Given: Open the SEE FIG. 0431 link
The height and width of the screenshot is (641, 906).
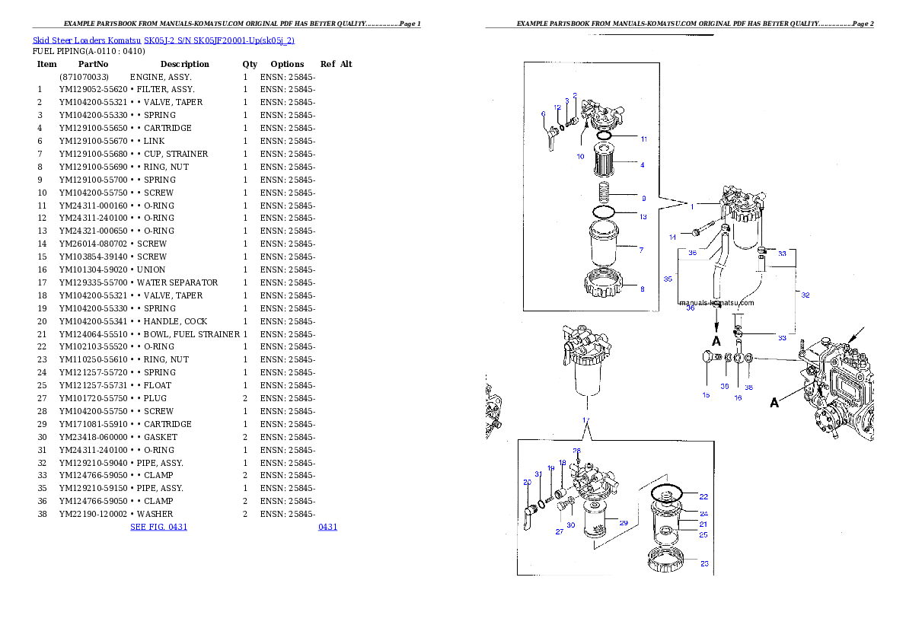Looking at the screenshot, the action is (159, 527).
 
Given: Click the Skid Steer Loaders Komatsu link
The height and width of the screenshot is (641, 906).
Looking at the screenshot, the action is (87, 40).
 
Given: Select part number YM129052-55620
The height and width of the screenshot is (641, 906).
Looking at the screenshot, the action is (93, 89).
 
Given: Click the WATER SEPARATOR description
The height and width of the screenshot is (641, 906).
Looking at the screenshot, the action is (177, 282).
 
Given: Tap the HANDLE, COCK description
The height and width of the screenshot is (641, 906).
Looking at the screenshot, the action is (176, 321).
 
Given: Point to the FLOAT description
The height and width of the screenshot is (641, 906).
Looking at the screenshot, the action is (158, 385).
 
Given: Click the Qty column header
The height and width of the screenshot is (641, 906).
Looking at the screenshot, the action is (250, 64).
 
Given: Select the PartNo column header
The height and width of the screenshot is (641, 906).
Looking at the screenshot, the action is (93, 64).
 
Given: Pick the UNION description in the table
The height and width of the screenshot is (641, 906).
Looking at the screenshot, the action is (152, 269).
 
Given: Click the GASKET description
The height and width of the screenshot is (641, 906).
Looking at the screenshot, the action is (161, 437).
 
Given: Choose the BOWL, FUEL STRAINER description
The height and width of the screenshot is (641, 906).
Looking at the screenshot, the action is (192, 334).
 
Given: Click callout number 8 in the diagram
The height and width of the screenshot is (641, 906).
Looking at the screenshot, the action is (643, 289).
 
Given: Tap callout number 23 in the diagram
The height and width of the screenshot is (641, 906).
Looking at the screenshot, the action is (704, 563).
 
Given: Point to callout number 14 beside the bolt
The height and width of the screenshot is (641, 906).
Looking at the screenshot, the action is (672, 237).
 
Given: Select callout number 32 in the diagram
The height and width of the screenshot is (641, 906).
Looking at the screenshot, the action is (806, 295).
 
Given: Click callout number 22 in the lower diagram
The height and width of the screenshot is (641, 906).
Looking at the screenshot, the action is (703, 496).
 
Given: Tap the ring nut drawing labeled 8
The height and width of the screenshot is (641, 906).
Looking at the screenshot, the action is (604, 283).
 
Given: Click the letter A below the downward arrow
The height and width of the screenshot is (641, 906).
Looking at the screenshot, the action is (716, 341).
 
